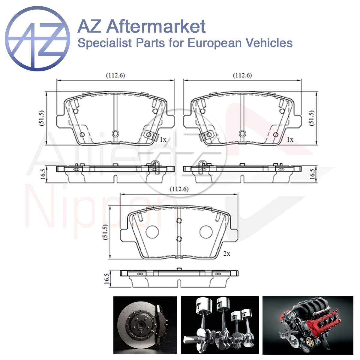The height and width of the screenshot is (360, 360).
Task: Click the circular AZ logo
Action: [37, 39]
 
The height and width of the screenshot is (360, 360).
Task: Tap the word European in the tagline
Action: [215, 43]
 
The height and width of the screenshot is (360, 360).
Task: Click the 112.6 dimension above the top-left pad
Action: [115, 75]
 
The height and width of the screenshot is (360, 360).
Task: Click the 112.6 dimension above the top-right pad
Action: [242, 75]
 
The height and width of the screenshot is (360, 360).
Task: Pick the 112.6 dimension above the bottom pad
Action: [179, 189]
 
